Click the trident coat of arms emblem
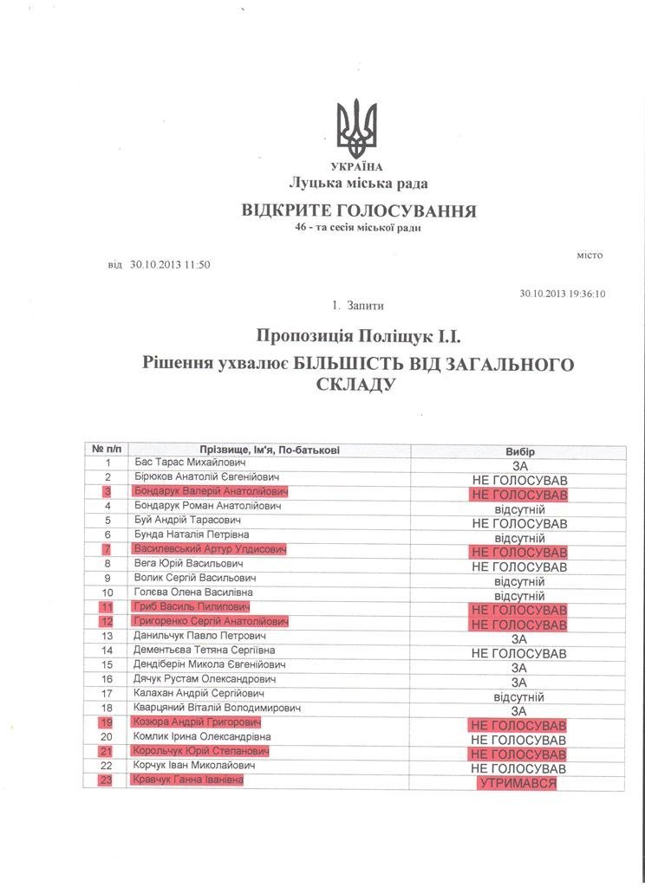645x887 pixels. (357, 129)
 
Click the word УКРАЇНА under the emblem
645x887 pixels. (357, 166)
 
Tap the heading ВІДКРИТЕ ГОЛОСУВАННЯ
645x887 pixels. (358, 210)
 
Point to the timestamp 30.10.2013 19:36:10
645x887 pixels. (563, 294)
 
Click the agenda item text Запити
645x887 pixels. (364, 306)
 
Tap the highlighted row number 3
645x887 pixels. (108, 492)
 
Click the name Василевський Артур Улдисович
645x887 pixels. (210, 549)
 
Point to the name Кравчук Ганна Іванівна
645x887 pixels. (188, 780)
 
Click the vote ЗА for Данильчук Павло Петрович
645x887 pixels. (519, 638)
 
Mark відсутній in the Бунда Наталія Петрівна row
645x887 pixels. (519, 537)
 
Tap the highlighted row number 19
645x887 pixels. (108, 723)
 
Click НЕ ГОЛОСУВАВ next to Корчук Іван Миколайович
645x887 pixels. (519, 768)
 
